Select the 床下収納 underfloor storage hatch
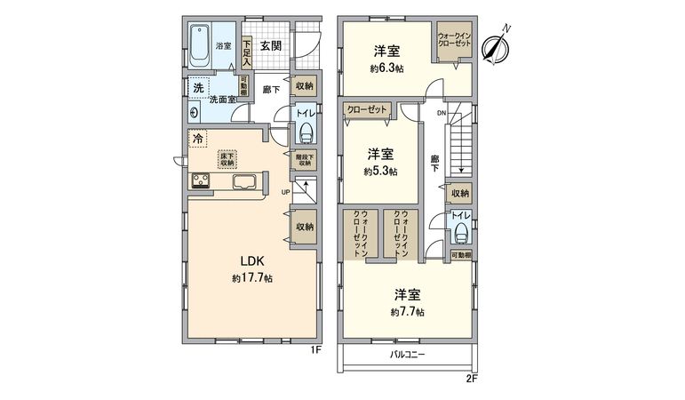click(228, 158)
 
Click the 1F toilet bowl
click(306, 132)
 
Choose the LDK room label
click(251, 260)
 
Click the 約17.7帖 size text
click(251, 278)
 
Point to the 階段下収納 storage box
click(304, 160)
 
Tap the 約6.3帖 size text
click(386, 67)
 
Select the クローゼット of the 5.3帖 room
click(368, 110)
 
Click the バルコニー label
click(408, 356)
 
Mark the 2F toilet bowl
click(460, 233)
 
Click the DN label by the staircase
click(440, 112)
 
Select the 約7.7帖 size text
click(407, 312)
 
